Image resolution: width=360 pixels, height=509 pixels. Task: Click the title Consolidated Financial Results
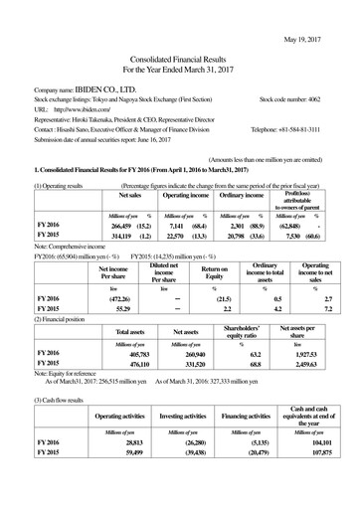[x=179, y=58]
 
